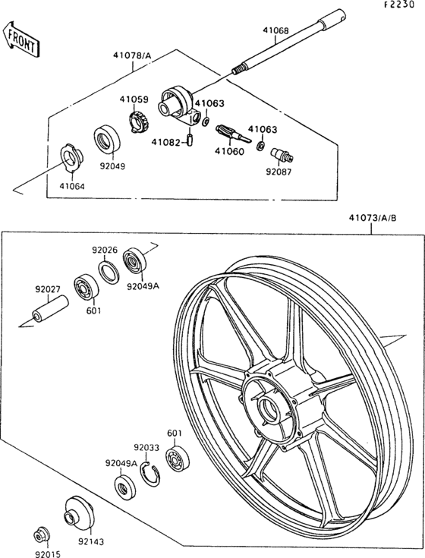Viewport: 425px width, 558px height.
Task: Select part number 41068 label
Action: tap(275, 31)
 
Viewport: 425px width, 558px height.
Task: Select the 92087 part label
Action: tap(278, 172)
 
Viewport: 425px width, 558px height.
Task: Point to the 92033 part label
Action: tap(146, 448)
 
